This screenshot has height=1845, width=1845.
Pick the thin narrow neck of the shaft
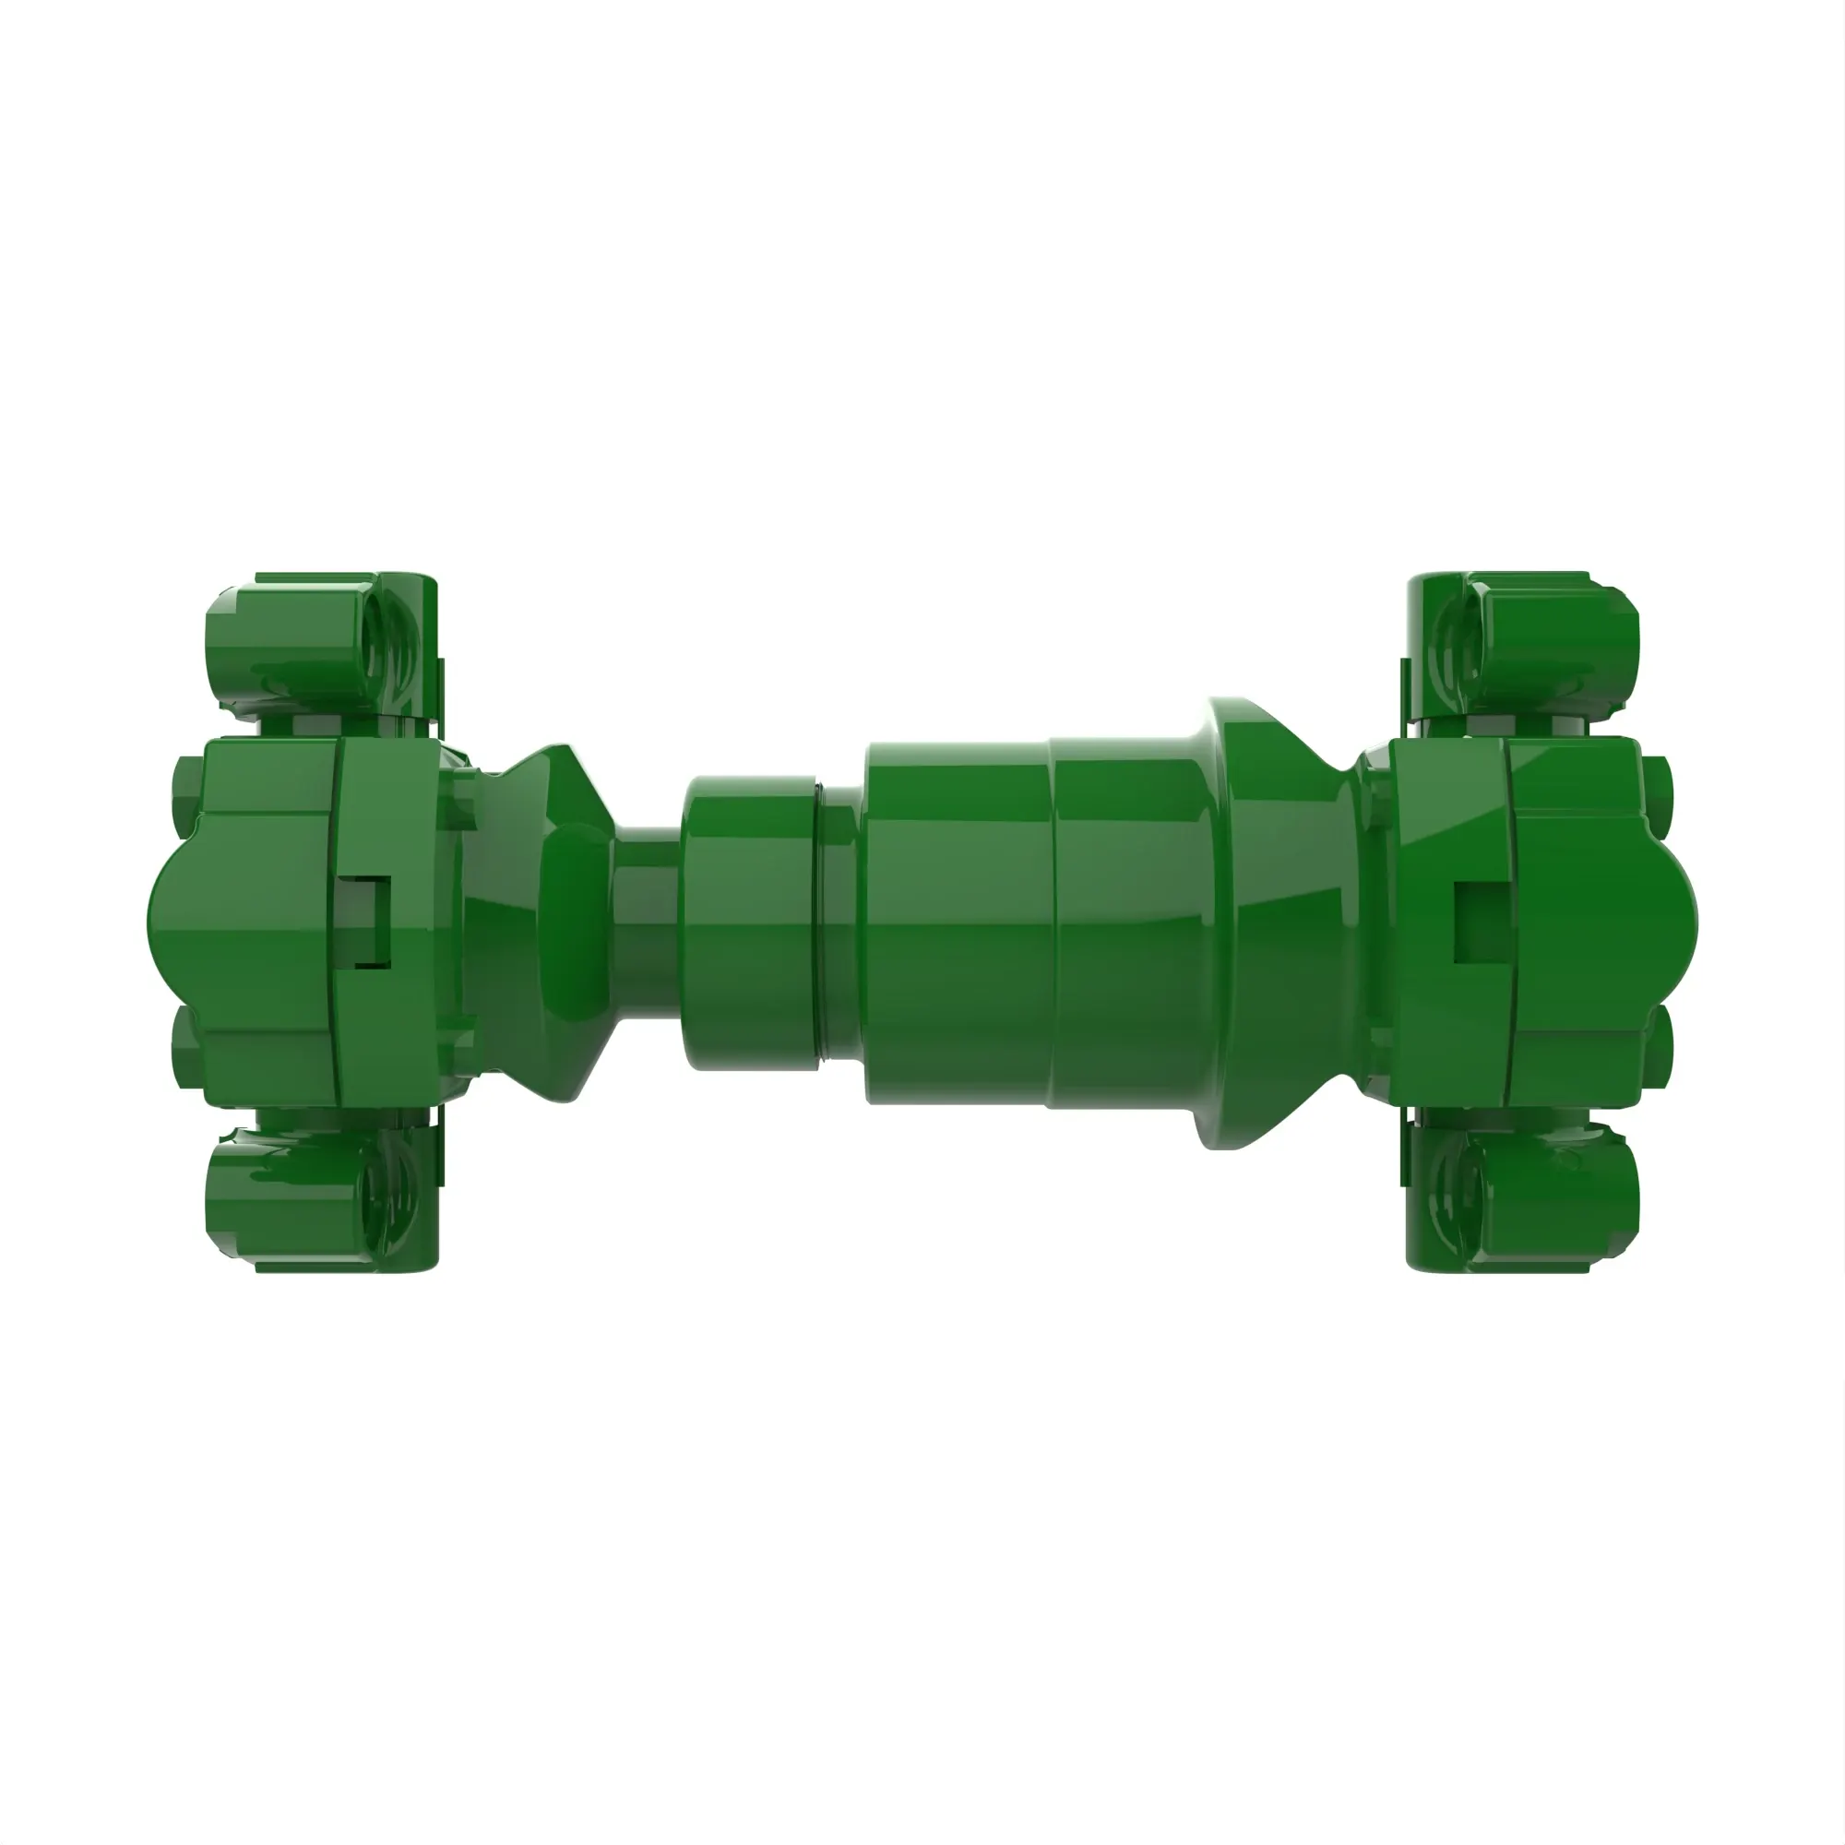(648, 922)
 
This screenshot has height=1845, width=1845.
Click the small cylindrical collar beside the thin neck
(750, 922)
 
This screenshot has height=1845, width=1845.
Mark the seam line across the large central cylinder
(1053, 922)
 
